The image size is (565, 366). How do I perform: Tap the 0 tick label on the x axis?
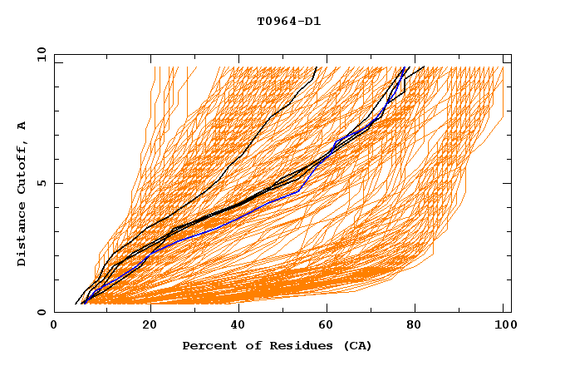coord(54,325)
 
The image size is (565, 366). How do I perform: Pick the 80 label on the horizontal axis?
coord(414,325)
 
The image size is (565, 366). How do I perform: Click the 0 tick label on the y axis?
coord(41,313)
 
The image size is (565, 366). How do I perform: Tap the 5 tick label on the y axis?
coord(41,183)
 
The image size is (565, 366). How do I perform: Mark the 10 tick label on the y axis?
coord(41,54)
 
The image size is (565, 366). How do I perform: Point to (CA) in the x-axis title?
coord(355,345)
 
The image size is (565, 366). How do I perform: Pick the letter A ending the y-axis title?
coord(22,126)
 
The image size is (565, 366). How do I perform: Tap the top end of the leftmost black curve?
coord(317,67)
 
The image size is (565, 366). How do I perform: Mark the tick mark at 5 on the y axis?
coord(56,183)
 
